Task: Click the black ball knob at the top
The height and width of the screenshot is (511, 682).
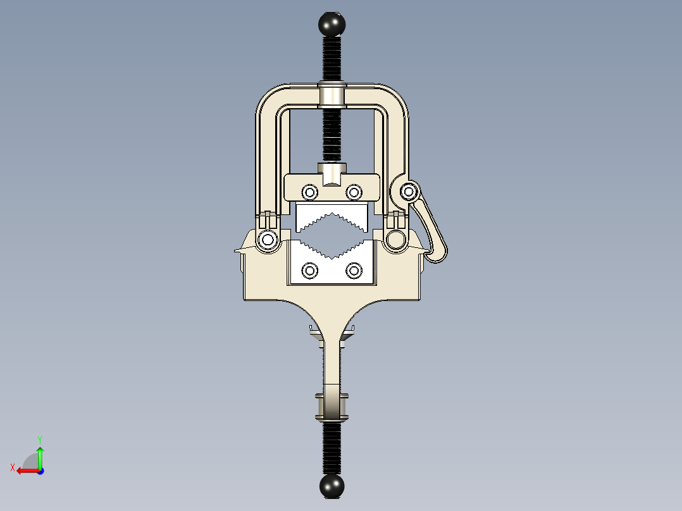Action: (332, 24)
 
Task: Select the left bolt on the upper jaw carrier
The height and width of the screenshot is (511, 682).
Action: (309, 192)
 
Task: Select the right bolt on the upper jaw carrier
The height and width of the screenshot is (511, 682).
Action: (354, 192)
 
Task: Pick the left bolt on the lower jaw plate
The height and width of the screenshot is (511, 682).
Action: (309, 271)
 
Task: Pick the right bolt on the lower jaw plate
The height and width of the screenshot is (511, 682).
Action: (354, 271)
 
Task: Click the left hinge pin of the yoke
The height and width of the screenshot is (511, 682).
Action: (268, 240)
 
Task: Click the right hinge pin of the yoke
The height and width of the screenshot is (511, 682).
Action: (397, 240)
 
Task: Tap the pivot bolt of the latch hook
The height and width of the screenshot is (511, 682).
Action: (409, 190)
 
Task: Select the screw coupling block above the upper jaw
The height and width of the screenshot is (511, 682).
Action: (332, 173)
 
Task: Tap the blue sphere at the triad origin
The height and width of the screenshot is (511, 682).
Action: (40, 471)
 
